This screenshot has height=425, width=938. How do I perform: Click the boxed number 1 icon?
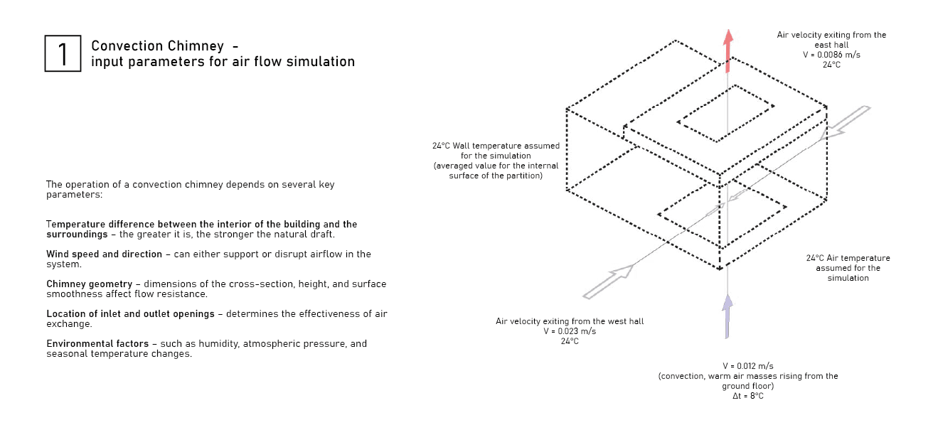(63, 53)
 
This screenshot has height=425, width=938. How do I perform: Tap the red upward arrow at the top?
(727, 50)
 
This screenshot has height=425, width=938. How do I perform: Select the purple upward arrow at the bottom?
(727, 316)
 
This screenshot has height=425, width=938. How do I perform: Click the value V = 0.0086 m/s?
(831, 55)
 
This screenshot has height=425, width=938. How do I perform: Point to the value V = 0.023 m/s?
(570, 331)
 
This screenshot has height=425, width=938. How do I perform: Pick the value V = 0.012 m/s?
(747, 366)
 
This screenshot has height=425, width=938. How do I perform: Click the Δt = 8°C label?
(747, 396)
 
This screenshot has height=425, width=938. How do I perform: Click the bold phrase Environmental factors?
(97, 343)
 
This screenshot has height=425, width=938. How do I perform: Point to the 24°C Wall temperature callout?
(496, 161)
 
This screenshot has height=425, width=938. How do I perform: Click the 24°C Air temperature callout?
(848, 268)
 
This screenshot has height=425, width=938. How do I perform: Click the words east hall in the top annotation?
(831, 45)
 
